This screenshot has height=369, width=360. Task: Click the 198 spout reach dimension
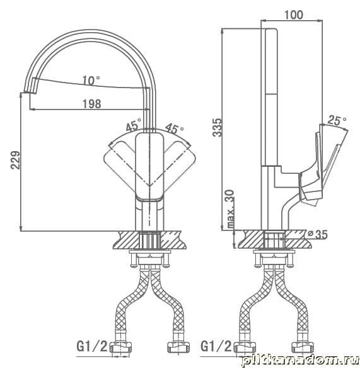point(91,104)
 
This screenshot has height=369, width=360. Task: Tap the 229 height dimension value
point(16,160)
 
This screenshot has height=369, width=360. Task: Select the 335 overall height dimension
point(217,127)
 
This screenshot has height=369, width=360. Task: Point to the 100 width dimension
point(294,15)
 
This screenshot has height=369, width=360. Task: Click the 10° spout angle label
point(91,80)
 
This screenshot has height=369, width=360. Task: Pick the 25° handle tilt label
point(337,120)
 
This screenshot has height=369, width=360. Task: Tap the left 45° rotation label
point(134,125)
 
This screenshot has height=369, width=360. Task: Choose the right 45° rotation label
point(175,128)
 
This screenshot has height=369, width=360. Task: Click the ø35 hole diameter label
point(317,234)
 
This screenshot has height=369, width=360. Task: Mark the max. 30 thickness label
point(231,209)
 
